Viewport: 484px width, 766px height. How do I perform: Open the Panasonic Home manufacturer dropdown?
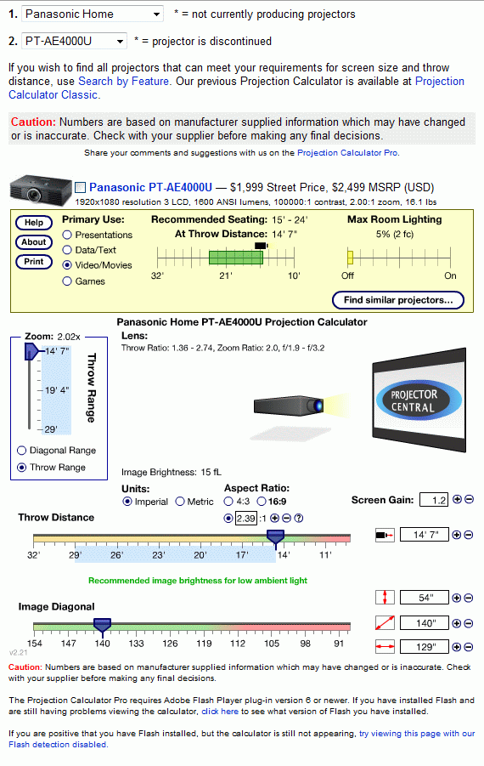click(x=93, y=14)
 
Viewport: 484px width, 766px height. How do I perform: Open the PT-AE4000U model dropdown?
click(x=74, y=41)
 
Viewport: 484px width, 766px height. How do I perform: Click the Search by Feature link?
click(x=123, y=81)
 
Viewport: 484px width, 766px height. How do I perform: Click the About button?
click(x=34, y=241)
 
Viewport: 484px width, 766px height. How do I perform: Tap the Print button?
click(x=34, y=261)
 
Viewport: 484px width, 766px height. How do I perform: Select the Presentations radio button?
click(x=67, y=235)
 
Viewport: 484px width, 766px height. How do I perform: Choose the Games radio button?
click(x=67, y=281)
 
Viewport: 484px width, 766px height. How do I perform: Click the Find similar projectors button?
click(x=398, y=300)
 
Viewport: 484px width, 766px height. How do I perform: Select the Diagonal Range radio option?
click(x=21, y=451)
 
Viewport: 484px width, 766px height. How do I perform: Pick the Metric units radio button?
click(x=180, y=502)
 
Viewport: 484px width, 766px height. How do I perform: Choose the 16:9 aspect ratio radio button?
click(x=262, y=502)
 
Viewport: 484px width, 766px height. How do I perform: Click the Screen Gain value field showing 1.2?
click(x=434, y=500)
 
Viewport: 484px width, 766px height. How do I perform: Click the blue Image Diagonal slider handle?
click(x=103, y=626)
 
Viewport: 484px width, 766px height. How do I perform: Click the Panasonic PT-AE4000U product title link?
click(x=151, y=188)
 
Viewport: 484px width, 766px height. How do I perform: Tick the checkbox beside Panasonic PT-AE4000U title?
click(x=81, y=188)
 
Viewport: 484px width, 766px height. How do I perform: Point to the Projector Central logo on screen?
click(x=419, y=400)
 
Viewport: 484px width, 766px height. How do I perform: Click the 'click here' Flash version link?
click(x=220, y=712)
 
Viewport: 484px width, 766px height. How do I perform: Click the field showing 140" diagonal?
click(x=424, y=623)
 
